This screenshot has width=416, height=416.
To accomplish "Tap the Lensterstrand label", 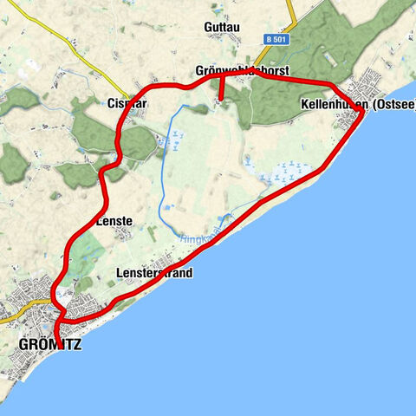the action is point(153,273).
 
